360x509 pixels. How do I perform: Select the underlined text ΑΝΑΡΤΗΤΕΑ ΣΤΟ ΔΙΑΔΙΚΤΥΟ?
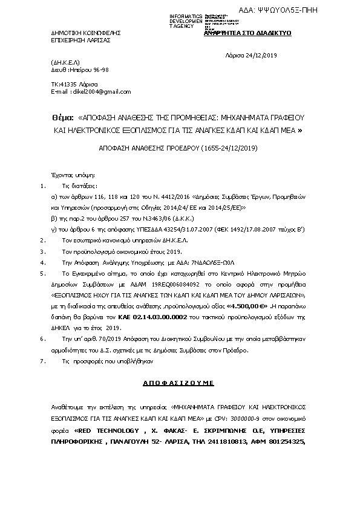248,33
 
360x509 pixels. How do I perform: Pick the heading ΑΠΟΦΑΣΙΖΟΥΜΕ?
180,383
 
